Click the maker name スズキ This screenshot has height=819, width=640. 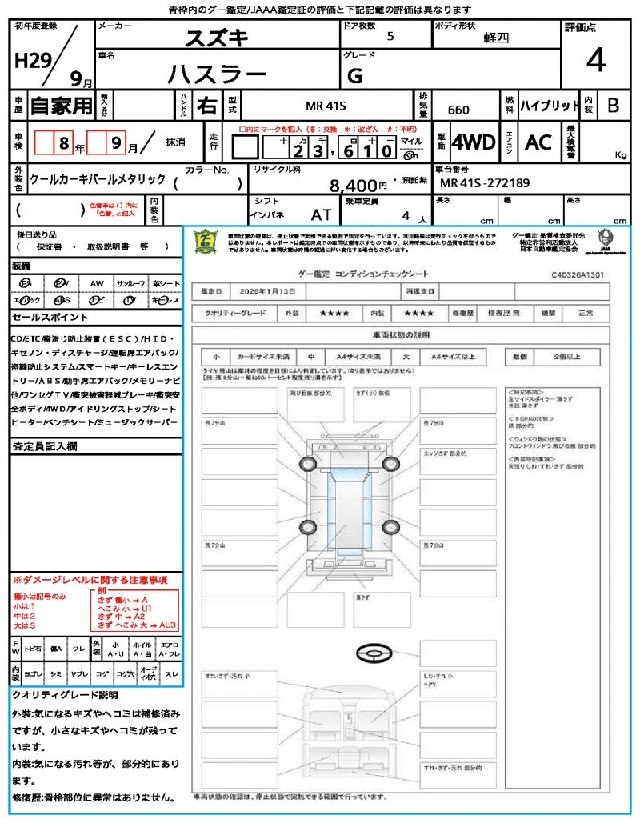coord(217,38)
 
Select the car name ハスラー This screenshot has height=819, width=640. coord(216,74)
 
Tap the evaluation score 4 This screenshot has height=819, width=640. coord(595,61)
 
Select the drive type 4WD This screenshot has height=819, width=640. coord(474,142)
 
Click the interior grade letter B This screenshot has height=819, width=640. coord(613,106)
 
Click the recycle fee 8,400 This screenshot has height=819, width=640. coord(354,186)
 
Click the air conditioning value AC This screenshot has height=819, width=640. coord(538,142)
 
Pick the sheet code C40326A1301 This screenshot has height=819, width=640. coord(578,274)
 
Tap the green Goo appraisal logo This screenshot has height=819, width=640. coord(206,242)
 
